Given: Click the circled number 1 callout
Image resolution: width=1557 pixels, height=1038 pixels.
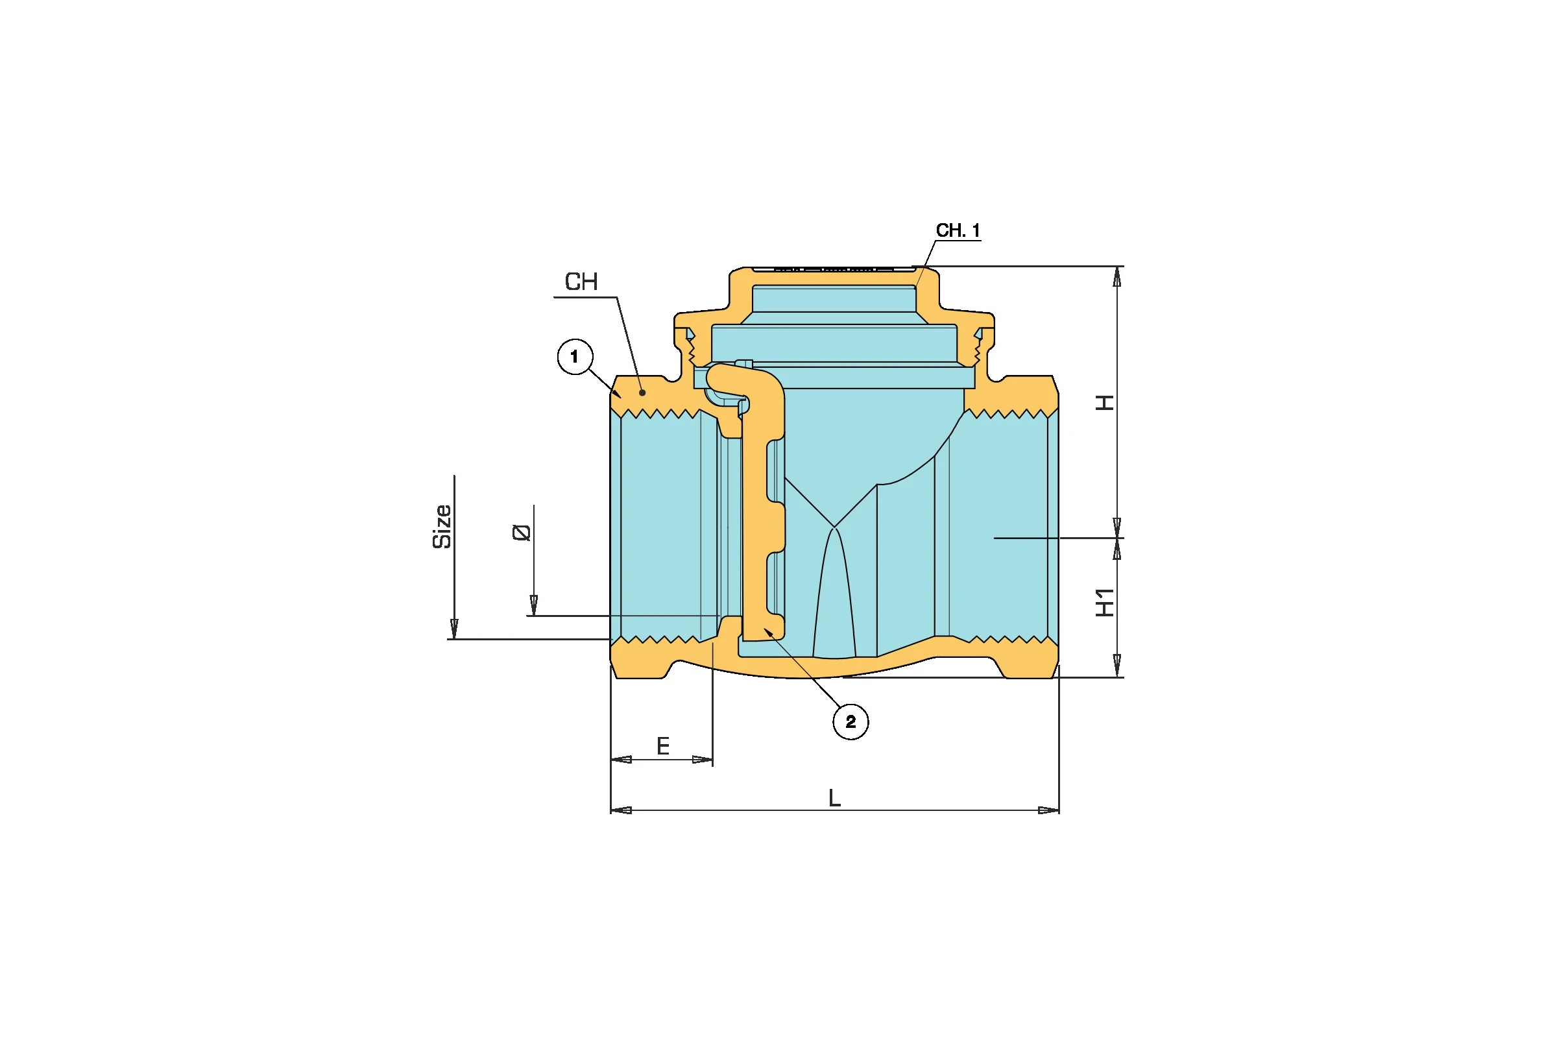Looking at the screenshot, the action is (x=575, y=357).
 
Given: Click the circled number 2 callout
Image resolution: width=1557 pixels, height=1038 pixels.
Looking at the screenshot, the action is (x=851, y=721).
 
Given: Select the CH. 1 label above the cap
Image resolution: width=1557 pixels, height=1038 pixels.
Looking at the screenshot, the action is (x=958, y=230).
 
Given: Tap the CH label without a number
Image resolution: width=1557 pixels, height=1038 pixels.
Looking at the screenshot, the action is (x=581, y=282).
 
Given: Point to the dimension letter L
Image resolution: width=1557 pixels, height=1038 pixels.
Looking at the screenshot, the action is (x=835, y=799).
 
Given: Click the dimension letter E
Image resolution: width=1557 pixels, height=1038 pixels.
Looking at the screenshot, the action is (x=663, y=747).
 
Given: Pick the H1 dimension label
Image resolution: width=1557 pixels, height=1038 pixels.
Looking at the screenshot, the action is (x=1105, y=602).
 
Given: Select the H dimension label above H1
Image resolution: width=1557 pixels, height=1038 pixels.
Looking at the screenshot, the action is (x=1105, y=402).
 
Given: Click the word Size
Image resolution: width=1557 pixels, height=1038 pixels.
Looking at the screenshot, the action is (x=442, y=527).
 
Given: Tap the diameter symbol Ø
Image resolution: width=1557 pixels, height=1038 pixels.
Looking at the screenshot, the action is (x=522, y=532).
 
